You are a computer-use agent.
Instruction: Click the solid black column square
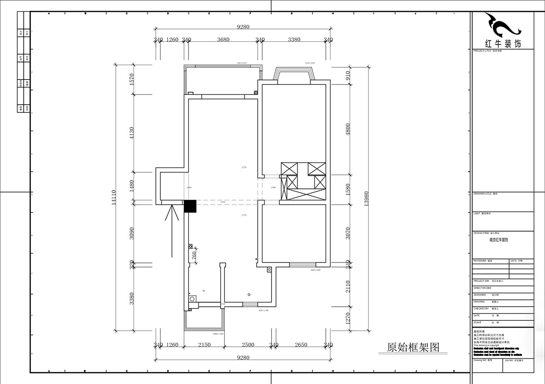[190, 206]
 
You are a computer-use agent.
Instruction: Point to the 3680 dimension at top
[223, 40]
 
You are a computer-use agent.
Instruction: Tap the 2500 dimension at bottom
[248, 345]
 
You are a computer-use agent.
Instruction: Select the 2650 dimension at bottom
[301, 345]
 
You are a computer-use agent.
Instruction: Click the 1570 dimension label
[132, 79]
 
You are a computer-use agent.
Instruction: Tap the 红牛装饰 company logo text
[502, 44]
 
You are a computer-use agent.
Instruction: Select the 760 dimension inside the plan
[193, 255]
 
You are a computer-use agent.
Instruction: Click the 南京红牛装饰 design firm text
[499, 239]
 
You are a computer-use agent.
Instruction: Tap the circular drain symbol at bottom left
[192, 299]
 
